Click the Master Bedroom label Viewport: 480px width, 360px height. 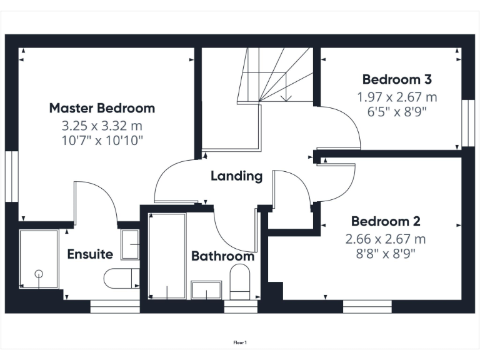tap(102, 108)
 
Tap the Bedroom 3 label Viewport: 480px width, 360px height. tap(397, 79)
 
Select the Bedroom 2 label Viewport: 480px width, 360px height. tap(385, 221)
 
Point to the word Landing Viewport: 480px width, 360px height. tap(236, 176)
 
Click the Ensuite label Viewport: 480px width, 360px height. tap(90, 254)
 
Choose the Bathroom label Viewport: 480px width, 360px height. tap(222, 256)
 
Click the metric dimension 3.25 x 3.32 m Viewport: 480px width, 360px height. tap(102, 126)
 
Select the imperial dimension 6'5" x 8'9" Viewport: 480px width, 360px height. tap(397, 112)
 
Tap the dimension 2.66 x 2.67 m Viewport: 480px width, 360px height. tap(385, 239)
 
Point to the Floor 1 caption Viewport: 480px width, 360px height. tap(240, 342)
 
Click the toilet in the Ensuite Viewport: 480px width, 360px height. tap(122, 278)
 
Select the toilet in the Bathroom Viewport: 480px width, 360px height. tap(239, 282)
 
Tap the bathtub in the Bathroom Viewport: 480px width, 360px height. tap(167, 256)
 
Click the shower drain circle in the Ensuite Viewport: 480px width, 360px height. tap(39, 273)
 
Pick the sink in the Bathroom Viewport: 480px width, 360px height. tap(206, 290)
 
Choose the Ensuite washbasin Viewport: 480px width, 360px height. tap(130, 244)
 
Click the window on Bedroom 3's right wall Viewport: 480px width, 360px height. tap(466, 122)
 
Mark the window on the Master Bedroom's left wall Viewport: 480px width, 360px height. tap(11, 176)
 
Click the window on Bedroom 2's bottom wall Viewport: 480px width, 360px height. tap(367, 306)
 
